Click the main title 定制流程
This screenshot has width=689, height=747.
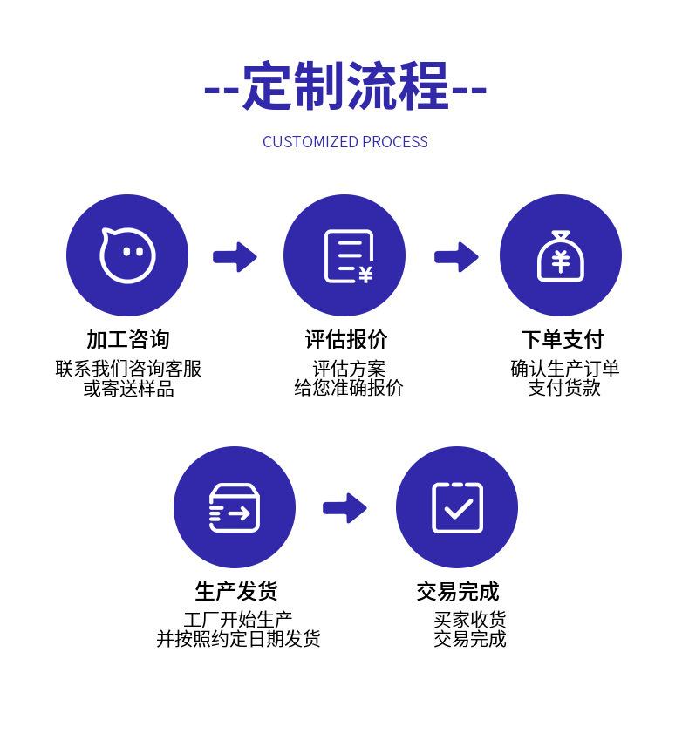pyautogui.click(x=344, y=87)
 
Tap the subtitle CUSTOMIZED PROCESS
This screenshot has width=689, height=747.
pyautogui.click(x=344, y=142)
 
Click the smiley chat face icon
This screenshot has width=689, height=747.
pyautogui.click(x=127, y=255)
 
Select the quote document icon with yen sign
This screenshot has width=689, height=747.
pyautogui.click(x=345, y=256)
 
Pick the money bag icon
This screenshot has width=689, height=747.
pyautogui.click(x=560, y=255)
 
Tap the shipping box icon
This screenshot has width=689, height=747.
pyautogui.click(x=234, y=507)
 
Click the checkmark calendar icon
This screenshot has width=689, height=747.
pyautogui.click(x=457, y=507)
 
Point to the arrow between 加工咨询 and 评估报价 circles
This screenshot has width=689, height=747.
pyautogui.click(x=235, y=256)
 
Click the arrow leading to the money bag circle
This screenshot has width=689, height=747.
pyautogui.click(x=456, y=256)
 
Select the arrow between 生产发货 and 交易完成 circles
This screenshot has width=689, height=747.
pyautogui.click(x=345, y=507)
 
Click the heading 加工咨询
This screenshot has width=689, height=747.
pyautogui.click(x=127, y=339)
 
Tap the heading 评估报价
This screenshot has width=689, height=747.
pyautogui.click(x=345, y=339)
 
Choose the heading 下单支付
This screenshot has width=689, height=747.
pyautogui.click(x=562, y=339)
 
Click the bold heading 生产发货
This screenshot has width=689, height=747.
pyautogui.click(x=235, y=592)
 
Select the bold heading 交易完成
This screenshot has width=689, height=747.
pyautogui.click(x=457, y=592)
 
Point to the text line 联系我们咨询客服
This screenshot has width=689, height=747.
pyautogui.click(x=128, y=369)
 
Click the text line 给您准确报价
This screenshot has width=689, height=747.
pyautogui.click(x=348, y=389)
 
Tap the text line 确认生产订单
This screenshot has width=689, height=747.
pyautogui.click(x=564, y=369)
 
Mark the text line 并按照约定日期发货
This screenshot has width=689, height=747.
pyautogui.click(x=238, y=639)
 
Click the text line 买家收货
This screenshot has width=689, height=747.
pyautogui.click(x=470, y=620)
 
